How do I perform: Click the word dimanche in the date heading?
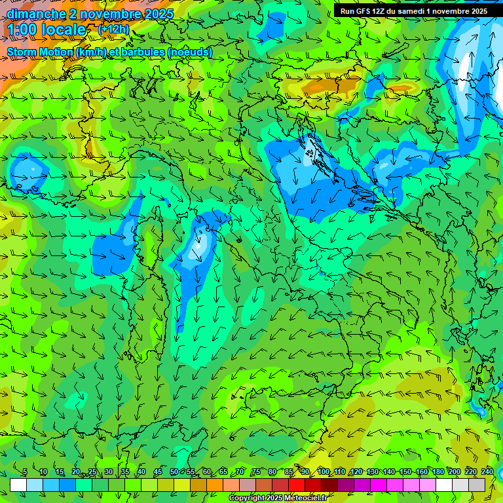[x=32, y=14]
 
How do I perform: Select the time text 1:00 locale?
[x=47, y=29]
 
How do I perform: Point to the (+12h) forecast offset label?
[x=113, y=29]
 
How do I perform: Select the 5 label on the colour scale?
[x=25, y=472]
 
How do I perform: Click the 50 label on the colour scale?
[x=174, y=472]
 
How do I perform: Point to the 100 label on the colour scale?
[x=324, y=472]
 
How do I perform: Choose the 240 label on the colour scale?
[x=487, y=472]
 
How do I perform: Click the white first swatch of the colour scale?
[x=18, y=485]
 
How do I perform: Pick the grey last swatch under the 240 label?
[x=477, y=485]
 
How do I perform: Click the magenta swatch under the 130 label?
[x=379, y=485]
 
